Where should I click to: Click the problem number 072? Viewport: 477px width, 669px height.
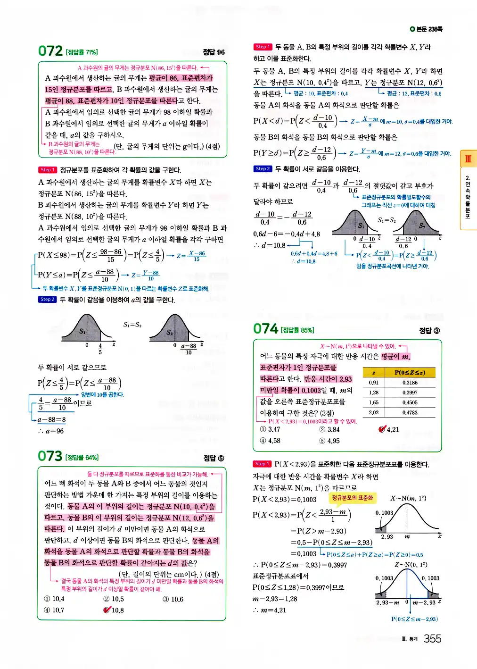[50, 51]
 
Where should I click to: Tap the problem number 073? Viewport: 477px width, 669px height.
[50, 456]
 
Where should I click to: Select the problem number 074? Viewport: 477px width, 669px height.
[266, 329]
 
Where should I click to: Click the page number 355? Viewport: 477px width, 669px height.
[432, 639]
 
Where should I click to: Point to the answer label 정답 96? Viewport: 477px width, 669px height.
[214, 52]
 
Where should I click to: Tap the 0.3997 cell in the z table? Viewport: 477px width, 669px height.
[410, 393]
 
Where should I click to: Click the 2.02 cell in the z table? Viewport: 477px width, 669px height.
[373, 412]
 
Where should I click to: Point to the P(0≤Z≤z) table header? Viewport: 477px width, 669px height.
[410, 372]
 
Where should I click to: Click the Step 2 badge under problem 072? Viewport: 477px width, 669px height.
[47, 299]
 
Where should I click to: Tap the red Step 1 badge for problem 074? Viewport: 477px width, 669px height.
[262, 464]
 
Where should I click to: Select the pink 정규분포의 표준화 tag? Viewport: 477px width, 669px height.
[352, 498]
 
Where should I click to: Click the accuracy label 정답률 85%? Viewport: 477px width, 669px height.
[297, 330]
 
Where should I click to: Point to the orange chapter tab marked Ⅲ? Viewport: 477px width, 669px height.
[468, 159]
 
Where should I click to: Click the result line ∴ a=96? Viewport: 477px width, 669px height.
[51, 431]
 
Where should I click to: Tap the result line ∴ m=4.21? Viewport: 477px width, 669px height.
[270, 610]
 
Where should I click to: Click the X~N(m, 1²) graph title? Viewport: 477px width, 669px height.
[408, 498]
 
